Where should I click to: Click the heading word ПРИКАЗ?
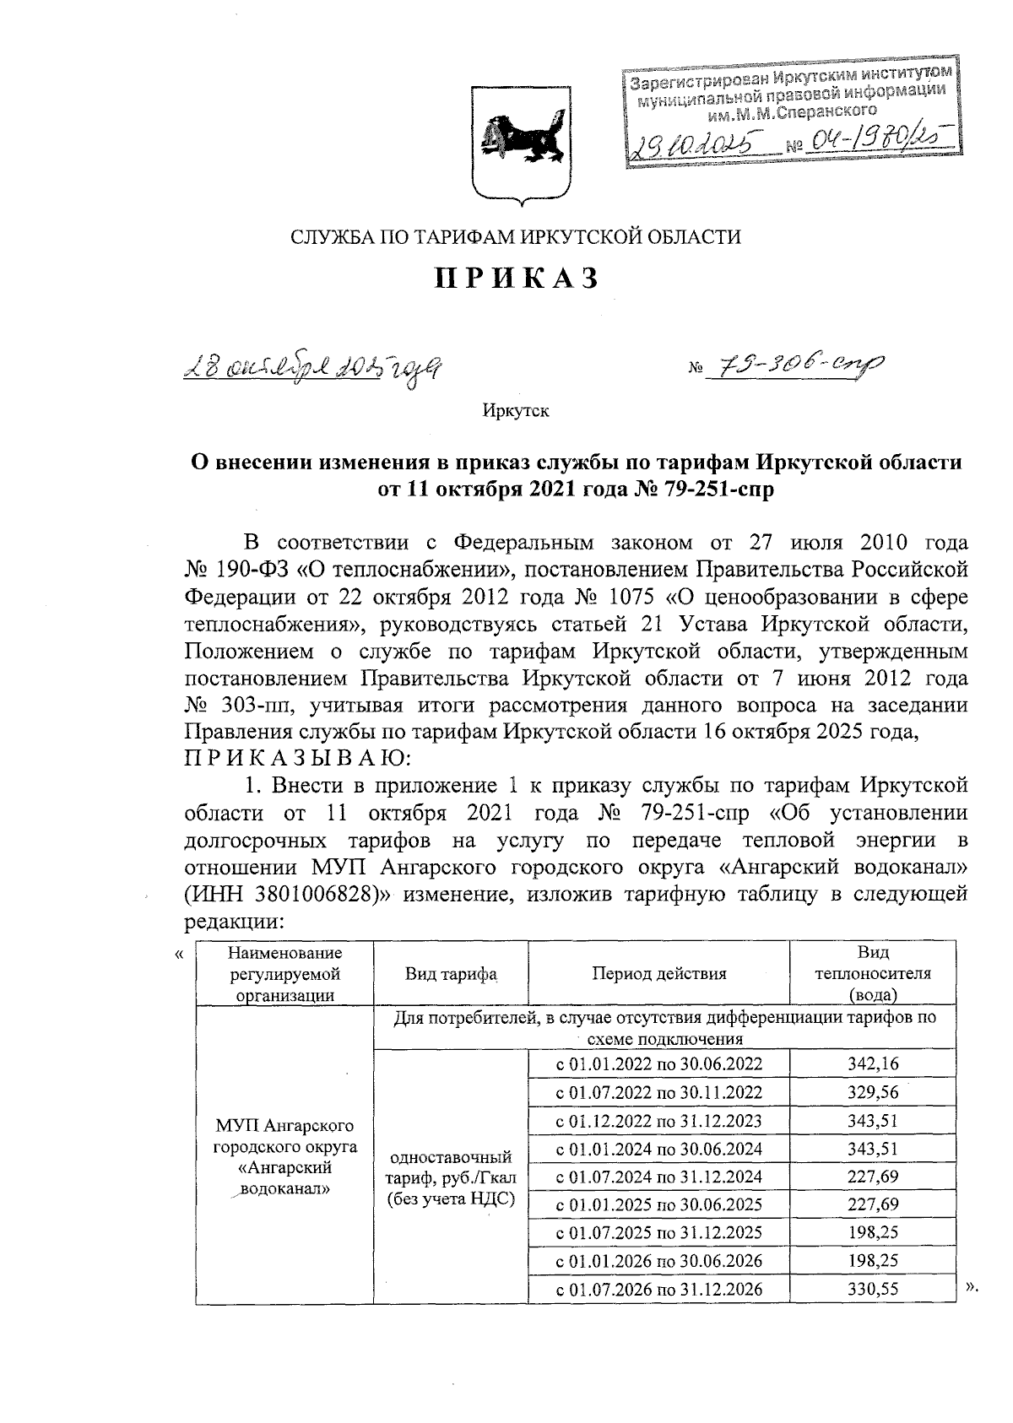click(x=517, y=278)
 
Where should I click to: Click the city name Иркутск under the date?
click(x=516, y=411)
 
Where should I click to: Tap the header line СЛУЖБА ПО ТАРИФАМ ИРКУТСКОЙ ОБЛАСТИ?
click(x=516, y=237)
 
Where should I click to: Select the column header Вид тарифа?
click(x=451, y=973)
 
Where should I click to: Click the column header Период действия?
click(x=658, y=973)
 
